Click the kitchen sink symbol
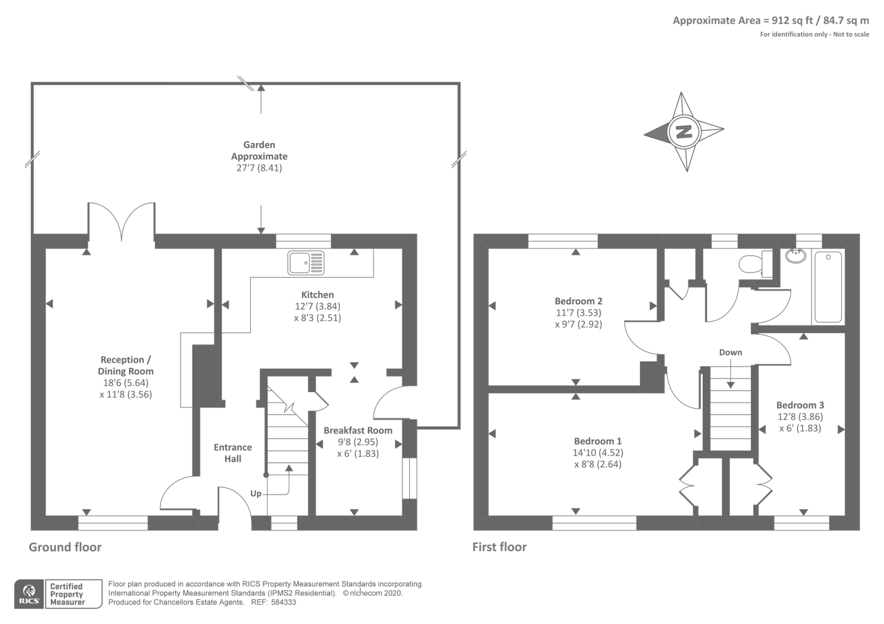306,263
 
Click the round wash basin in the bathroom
795,256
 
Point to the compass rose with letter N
684,131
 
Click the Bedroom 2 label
578,301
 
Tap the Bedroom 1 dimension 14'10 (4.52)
598,453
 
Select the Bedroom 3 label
800,405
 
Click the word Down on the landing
730,352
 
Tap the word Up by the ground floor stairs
256,493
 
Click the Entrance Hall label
233,453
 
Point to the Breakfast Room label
358,430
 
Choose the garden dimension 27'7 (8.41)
259,168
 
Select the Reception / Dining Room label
125,366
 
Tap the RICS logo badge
29,594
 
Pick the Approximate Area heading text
771,20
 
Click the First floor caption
499,547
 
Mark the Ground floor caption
65,547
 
